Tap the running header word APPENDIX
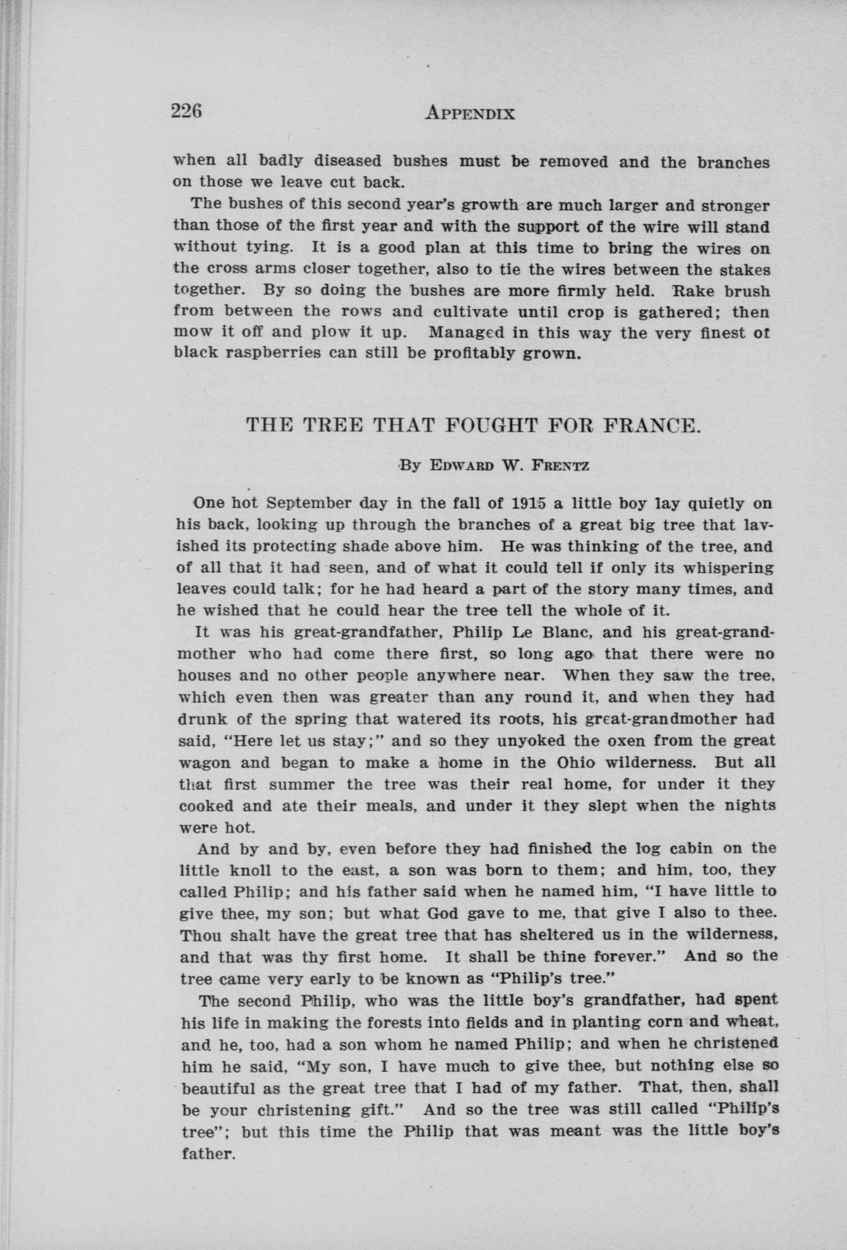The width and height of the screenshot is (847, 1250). click(470, 113)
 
